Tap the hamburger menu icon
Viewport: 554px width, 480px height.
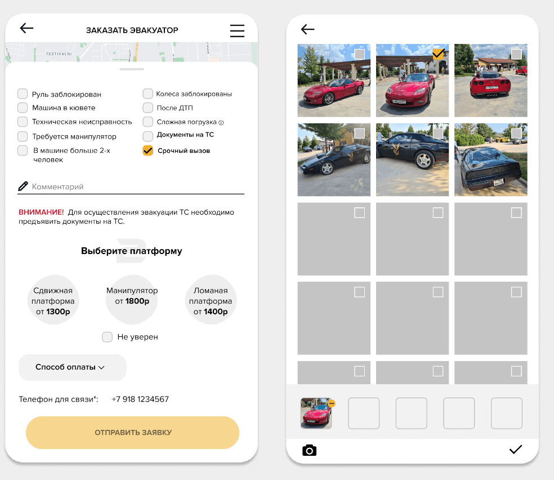tap(237, 31)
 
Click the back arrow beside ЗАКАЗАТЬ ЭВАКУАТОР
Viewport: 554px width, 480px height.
tap(26, 28)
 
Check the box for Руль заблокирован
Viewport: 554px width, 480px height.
tap(23, 94)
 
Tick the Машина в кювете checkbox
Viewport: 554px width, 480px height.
tap(23, 108)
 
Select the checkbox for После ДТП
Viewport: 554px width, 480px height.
tap(148, 108)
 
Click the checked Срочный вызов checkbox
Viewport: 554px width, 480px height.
tap(148, 150)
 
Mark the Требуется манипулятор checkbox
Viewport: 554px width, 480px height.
tap(23, 136)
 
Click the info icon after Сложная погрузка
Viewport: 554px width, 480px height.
tap(221, 123)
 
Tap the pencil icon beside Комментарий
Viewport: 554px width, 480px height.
tap(23, 186)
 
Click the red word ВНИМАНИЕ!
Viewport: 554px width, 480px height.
tap(41, 212)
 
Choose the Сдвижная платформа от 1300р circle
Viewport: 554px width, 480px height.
tap(53, 300)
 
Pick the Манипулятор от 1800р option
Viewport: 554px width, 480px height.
tap(132, 300)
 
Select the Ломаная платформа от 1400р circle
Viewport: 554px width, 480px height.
tap(211, 300)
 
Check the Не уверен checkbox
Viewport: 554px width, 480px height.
tap(107, 337)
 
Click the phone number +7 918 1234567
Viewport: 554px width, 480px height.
tap(140, 399)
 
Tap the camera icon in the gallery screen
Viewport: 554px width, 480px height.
tap(309, 450)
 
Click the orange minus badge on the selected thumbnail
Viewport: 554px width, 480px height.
tap(332, 403)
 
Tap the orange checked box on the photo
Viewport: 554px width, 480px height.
tap(438, 54)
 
